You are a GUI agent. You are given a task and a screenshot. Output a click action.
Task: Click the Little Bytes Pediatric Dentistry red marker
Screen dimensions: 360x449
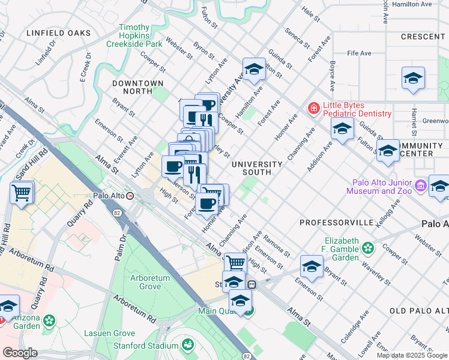tap(313, 109)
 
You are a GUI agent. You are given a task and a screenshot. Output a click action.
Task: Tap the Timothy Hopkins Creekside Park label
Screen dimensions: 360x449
tap(134, 35)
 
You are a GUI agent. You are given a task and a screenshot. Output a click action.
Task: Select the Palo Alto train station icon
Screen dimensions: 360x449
tap(139, 196)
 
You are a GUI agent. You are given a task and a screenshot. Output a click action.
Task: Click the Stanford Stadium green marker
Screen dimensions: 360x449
tap(188, 345)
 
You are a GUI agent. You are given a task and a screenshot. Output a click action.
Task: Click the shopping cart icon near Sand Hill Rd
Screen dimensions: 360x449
tap(22, 193)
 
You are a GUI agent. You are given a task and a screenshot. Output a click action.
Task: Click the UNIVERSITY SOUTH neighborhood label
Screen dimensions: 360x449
tap(257, 168)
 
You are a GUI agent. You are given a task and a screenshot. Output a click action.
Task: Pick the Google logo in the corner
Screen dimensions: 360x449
tap(20, 353)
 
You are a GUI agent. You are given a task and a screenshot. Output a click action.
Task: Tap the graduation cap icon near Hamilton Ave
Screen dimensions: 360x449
tap(254, 70)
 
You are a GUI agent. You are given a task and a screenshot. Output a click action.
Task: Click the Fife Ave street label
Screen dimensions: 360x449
tap(359, 53)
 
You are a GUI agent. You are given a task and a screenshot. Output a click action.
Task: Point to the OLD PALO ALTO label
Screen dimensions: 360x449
tap(418, 310)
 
